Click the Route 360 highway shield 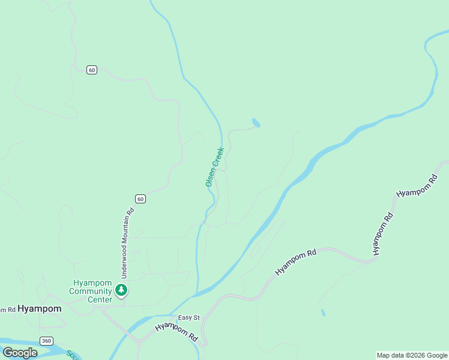[x=46, y=341]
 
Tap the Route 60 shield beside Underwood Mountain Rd [x=140, y=199]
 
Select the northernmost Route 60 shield [x=91, y=70]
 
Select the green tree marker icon [x=122, y=291]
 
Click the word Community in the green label [x=91, y=292]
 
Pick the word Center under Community [x=100, y=299]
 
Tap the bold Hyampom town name [x=40, y=308]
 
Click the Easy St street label [x=188, y=317]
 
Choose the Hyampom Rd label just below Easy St [x=176, y=332]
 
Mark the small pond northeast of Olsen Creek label [x=256, y=122]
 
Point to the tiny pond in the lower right [x=323, y=313]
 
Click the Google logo [x=20, y=353]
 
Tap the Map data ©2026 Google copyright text [x=412, y=355]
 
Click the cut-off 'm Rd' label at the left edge [x=7, y=310]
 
